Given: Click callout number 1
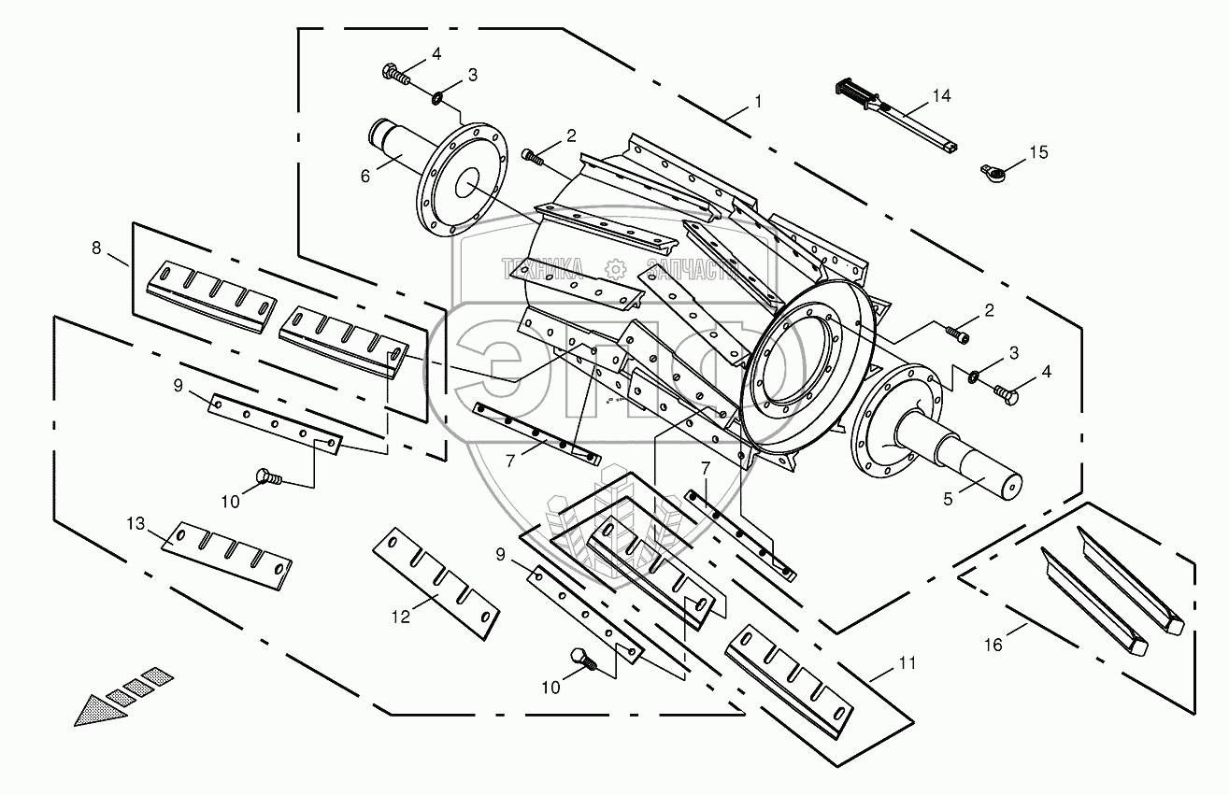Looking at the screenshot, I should [758, 100].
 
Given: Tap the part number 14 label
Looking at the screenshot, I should [940, 96].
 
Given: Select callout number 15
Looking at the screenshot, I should [1039, 151].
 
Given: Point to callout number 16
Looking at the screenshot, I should [994, 645].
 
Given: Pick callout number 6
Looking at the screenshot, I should [365, 175].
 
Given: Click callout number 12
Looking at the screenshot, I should [400, 617].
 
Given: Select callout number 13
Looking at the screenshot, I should [136, 523].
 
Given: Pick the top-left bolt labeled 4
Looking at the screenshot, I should [396, 73].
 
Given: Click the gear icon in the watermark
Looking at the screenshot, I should [616, 269].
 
